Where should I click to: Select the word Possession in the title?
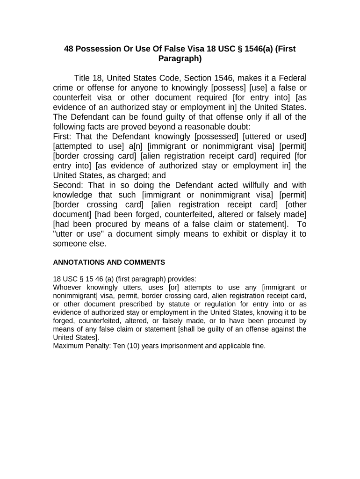(100, 49)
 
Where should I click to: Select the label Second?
(68, 185)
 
